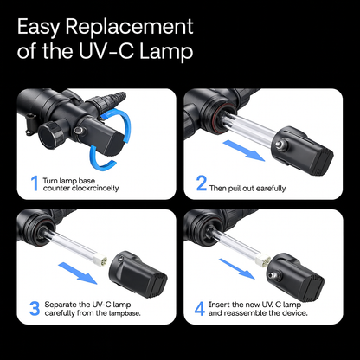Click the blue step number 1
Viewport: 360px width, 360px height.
(35, 183)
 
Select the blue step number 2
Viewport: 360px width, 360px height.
(202, 183)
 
